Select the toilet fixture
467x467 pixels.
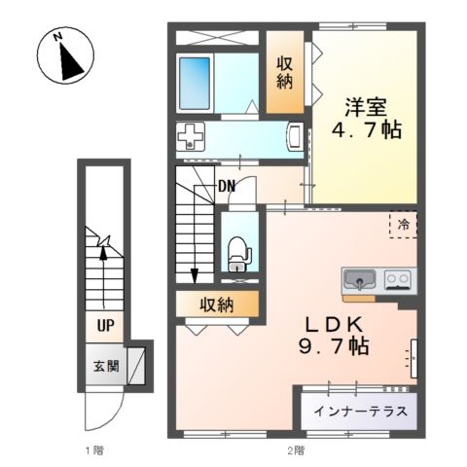(x=237, y=255)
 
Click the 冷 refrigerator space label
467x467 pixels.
(x=402, y=225)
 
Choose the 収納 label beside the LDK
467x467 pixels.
(x=217, y=305)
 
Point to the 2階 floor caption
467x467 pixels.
(x=295, y=450)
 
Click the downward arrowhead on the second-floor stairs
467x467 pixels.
(x=195, y=273)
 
